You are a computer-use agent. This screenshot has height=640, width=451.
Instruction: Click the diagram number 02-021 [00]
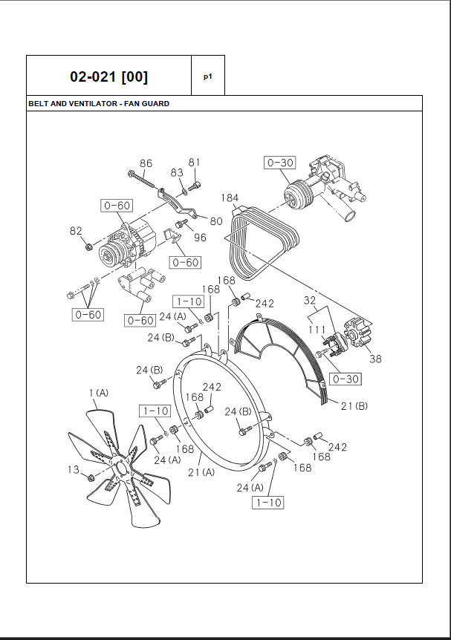coord(108,76)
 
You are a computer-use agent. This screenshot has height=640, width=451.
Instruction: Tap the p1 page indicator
coord(208,76)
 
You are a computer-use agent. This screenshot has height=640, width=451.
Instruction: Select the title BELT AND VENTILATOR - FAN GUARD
coord(99,104)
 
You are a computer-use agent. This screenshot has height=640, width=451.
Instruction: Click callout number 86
coord(146,163)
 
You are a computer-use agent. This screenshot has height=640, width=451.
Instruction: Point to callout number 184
coord(230,197)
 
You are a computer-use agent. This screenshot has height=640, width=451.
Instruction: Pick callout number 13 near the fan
coord(73,469)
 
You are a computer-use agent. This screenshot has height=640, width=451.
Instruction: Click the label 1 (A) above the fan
coord(98,392)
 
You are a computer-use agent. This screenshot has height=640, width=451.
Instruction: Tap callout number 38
coord(375,359)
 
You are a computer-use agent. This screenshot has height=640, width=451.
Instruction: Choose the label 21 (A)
coord(201,472)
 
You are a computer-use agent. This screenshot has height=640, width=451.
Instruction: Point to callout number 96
coord(200,238)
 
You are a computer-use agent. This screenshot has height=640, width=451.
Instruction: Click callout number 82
coord(76,231)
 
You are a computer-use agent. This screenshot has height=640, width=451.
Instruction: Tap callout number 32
coord(311,301)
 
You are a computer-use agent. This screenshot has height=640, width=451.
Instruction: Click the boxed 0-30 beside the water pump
coord(280,163)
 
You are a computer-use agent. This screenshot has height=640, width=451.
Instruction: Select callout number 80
coord(216,221)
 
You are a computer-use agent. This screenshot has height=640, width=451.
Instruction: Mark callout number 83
coord(177,172)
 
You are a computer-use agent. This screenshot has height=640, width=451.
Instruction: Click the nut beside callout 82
coord(88,246)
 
